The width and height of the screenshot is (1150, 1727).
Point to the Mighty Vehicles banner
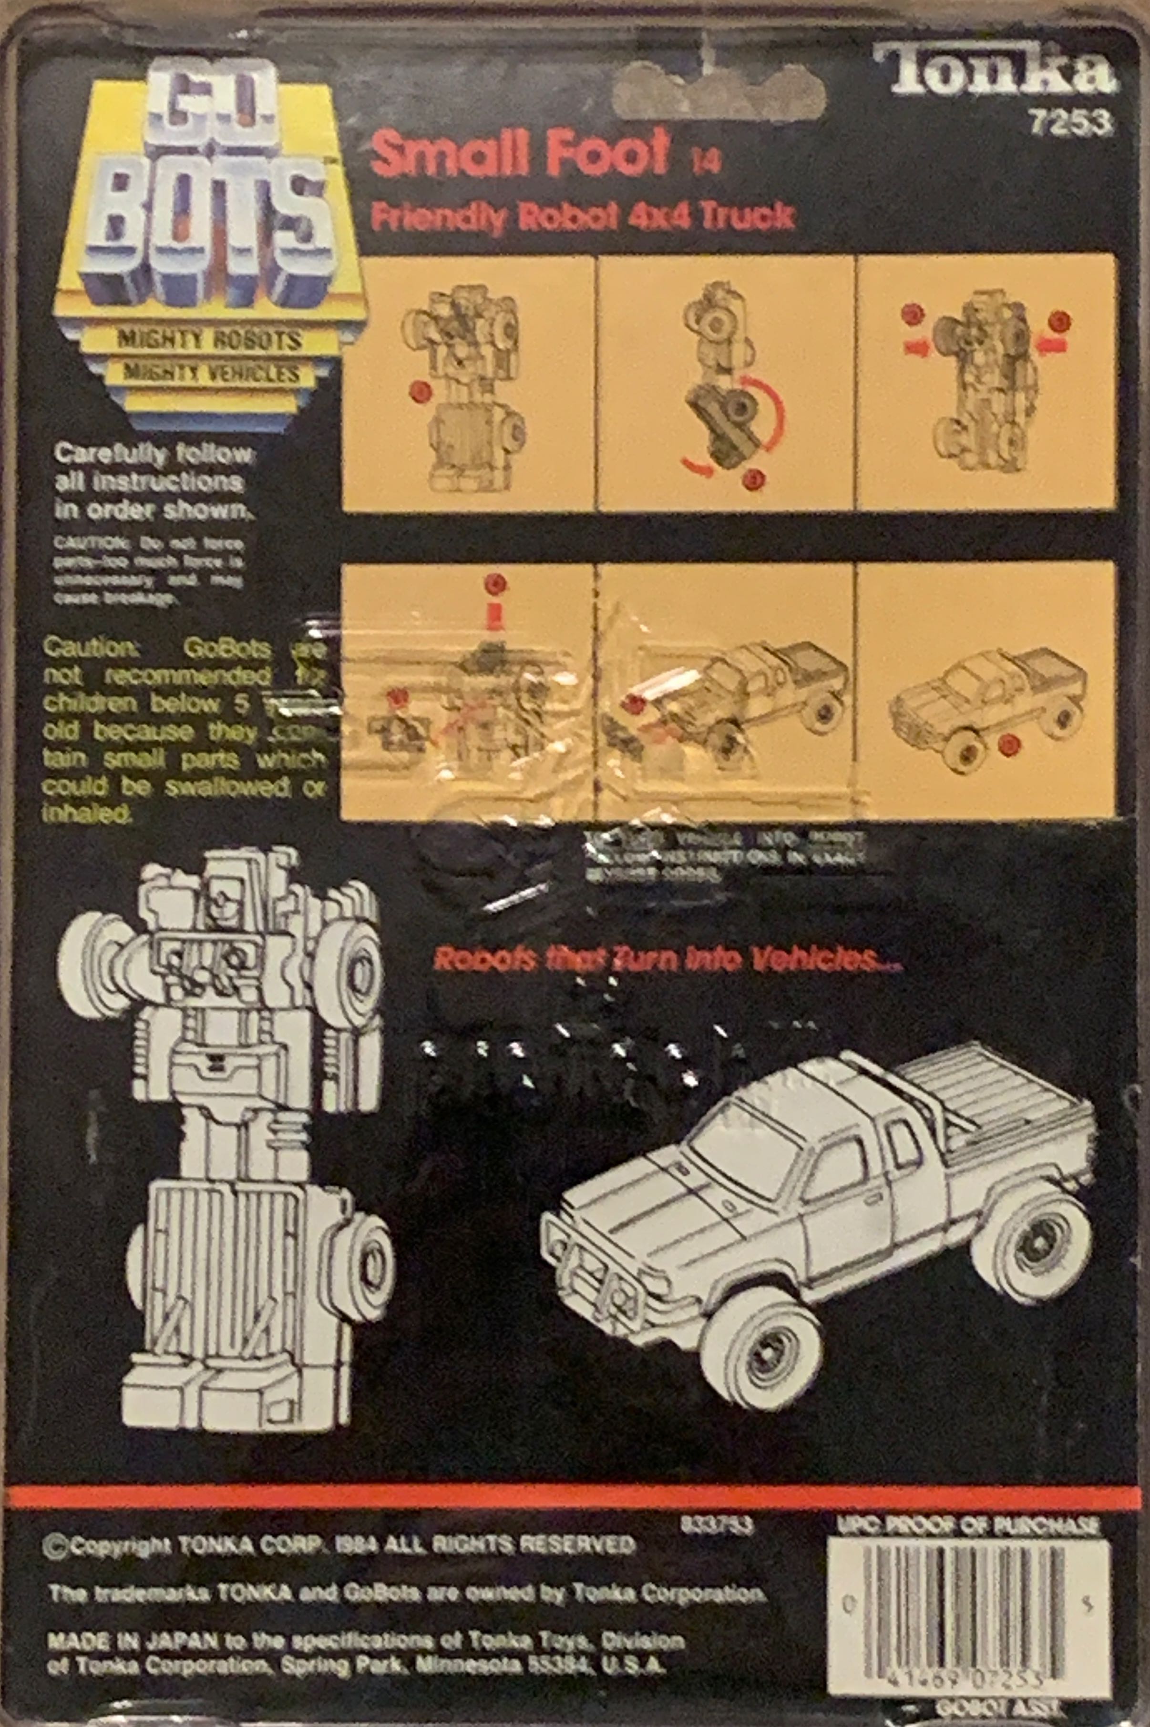(x=211, y=373)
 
